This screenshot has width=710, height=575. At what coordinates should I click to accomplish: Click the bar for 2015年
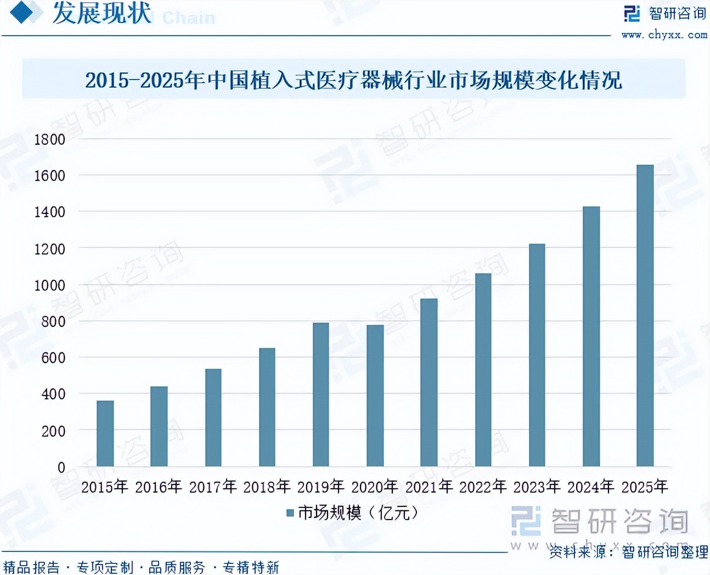pyautogui.click(x=105, y=433)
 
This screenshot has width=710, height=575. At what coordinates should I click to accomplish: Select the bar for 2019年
pyautogui.click(x=321, y=394)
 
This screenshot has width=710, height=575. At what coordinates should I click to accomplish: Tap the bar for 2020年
pyautogui.click(x=375, y=396)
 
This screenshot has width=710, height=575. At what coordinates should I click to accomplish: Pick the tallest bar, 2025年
pyautogui.click(x=645, y=315)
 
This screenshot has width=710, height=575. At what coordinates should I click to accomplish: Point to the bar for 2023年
pyautogui.click(x=537, y=355)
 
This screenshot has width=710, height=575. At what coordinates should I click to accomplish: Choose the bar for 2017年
pyautogui.click(x=213, y=418)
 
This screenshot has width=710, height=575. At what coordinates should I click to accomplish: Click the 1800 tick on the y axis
pyautogui.click(x=50, y=139)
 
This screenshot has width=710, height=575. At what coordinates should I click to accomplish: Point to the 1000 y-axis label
pyautogui.click(x=50, y=285)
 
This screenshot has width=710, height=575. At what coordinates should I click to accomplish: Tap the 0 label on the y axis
pyautogui.click(x=61, y=467)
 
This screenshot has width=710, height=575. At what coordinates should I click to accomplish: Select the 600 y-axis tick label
pyautogui.click(x=53, y=358)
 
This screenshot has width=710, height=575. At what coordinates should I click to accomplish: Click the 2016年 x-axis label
pyautogui.click(x=159, y=487)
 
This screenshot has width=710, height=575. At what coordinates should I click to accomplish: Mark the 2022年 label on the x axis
pyautogui.click(x=483, y=487)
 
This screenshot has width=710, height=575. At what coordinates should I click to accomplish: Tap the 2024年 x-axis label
pyautogui.click(x=591, y=487)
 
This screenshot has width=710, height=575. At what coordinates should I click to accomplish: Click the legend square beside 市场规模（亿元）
pyautogui.click(x=290, y=513)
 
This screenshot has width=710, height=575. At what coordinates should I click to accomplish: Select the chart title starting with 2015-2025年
pyautogui.click(x=353, y=80)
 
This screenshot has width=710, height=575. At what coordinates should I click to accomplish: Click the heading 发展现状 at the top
pyautogui.click(x=102, y=13)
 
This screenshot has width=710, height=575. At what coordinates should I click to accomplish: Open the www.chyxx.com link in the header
pyautogui.click(x=664, y=35)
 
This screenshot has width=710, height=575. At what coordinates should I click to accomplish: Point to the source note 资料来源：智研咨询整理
pyautogui.click(x=629, y=551)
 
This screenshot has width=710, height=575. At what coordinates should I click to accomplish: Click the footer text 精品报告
pyautogui.click(x=31, y=567)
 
